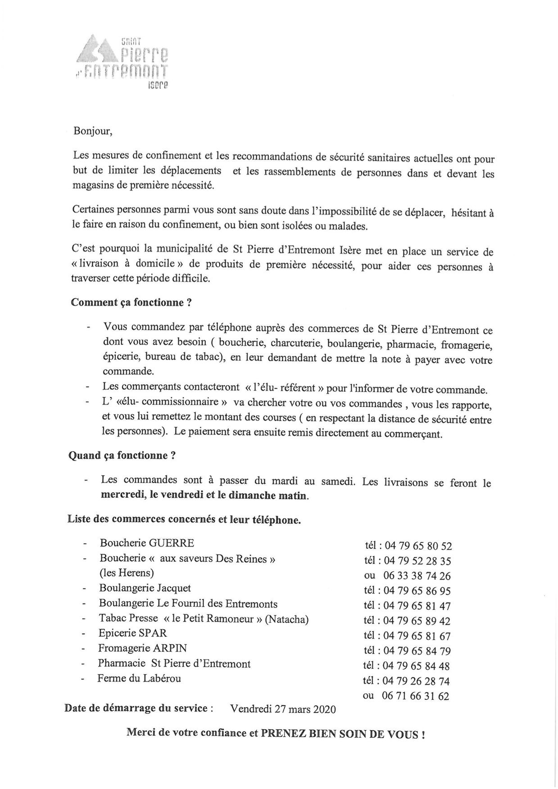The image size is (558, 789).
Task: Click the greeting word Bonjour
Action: click(92, 131)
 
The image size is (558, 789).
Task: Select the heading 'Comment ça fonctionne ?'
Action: click(132, 302)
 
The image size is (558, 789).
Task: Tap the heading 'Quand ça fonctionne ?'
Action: click(122, 455)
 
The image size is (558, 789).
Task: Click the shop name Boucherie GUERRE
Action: click(147, 543)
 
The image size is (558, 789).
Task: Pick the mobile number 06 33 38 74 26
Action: click(417, 576)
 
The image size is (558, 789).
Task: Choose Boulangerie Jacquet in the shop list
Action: click(145, 588)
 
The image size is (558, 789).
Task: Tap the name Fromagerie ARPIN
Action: click(142, 648)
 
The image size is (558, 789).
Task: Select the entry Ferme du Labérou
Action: click(139, 678)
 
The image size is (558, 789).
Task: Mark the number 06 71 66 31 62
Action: click(415, 696)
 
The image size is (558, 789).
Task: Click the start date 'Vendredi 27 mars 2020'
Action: click(283, 709)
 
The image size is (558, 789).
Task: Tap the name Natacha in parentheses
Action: click(286, 619)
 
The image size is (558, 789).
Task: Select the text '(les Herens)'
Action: click(127, 573)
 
